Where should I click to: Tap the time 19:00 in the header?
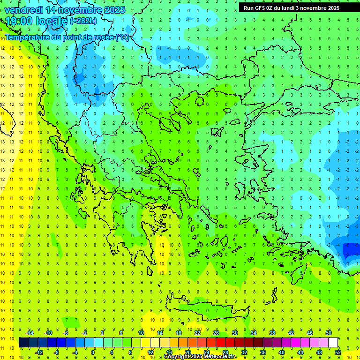click(19, 21)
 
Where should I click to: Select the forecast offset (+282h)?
click(83, 21)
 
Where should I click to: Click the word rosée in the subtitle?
click(103, 37)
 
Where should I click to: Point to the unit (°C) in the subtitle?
click(122, 37)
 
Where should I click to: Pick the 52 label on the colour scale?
click(338, 352)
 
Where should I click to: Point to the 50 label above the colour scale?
click(329, 332)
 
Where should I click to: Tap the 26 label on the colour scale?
click(216, 332)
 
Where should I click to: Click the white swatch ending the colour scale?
click(333, 342)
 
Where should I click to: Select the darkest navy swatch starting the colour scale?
click(23, 342)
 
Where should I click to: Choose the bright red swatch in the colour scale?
click(221, 342)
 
